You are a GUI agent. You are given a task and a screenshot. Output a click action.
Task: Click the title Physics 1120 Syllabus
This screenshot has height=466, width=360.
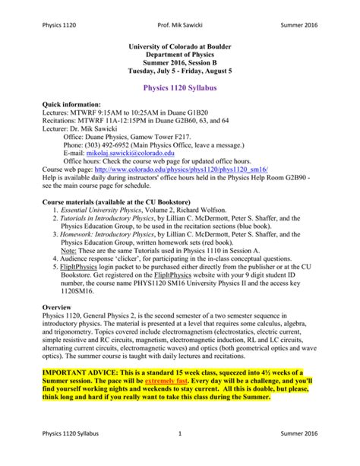coord(179,90)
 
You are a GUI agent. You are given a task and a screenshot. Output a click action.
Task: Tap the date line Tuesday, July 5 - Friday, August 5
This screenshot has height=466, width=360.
coord(179,71)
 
